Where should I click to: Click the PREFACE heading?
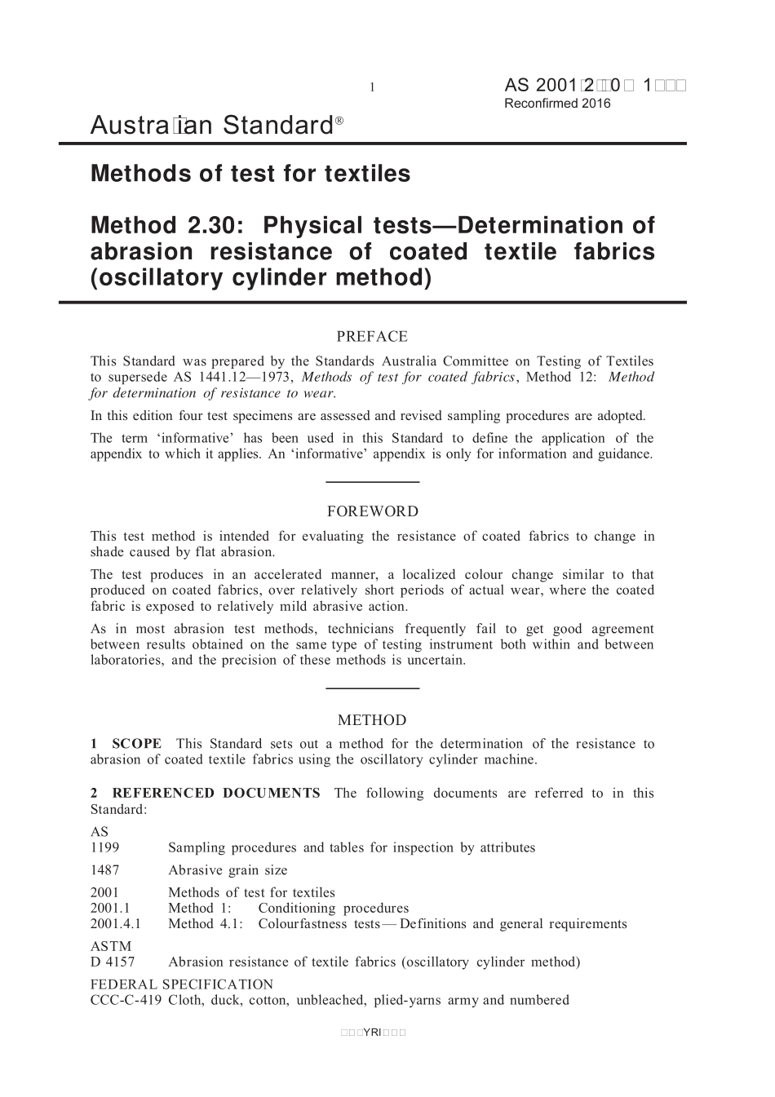[372, 337]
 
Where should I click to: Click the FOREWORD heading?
[372, 512]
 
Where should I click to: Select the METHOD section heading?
[372, 720]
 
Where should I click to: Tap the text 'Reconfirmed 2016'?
[557, 104]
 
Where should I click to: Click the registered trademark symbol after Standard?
[339, 120]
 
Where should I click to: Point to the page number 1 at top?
[372, 87]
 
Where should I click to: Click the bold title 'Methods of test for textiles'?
[250, 174]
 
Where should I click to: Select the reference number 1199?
[104, 847]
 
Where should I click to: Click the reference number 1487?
[104, 870]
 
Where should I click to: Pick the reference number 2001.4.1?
[116, 924]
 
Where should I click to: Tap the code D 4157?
[113, 962]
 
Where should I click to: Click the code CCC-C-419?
[126, 1000]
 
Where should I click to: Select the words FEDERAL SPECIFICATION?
[182, 984]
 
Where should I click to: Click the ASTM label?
[110, 946]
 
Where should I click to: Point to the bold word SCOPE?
[136, 744]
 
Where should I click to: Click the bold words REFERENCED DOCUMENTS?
[215, 793]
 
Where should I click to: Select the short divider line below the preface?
[372, 482]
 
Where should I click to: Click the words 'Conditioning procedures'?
[334, 909]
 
